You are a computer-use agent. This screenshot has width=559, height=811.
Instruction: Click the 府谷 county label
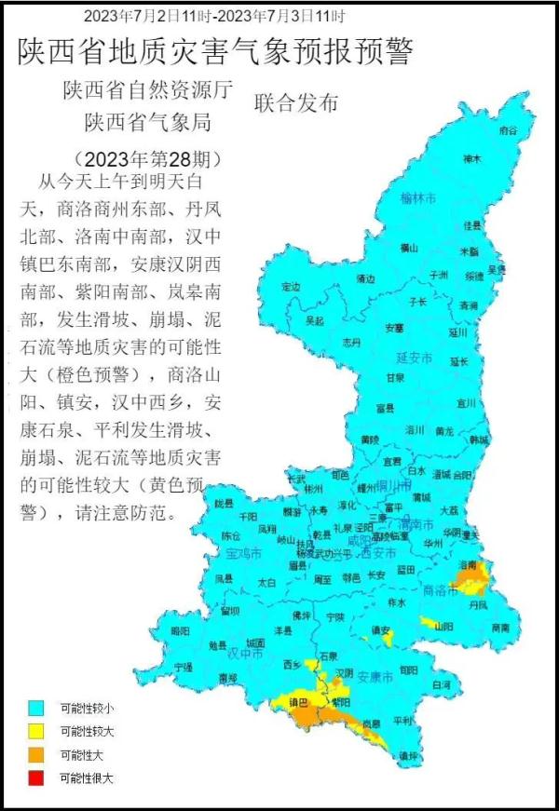pyautogui.click(x=508, y=131)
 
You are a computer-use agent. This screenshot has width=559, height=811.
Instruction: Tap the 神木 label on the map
pyautogui.click(x=472, y=159)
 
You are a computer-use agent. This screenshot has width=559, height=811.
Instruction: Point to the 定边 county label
pyautogui.click(x=292, y=286)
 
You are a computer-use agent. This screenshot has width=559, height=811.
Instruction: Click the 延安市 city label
pyautogui.click(x=416, y=358)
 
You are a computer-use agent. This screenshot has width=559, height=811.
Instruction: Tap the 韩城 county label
pyautogui.click(x=479, y=439)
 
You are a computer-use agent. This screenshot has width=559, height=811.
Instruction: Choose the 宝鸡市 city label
pyautogui.click(x=244, y=553)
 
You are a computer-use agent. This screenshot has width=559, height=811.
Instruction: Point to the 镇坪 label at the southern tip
pyautogui.click(x=407, y=755)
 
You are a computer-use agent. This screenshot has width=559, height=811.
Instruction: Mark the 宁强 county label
pyautogui.click(x=184, y=667)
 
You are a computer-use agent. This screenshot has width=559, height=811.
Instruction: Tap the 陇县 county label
pyautogui.click(x=223, y=503)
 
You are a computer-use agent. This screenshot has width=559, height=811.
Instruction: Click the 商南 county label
pyautogui.click(x=500, y=628)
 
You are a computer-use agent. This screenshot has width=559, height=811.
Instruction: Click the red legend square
pyautogui.click(x=36, y=777)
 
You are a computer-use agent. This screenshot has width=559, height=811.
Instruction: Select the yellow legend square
pyautogui.click(x=36, y=730)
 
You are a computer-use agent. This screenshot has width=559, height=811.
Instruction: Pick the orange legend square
pyautogui.click(x=36, y=753)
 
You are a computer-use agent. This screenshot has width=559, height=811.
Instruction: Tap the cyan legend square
pyautogui.click(x=36, y=708)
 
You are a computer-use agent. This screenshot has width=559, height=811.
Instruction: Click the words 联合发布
pyautogui.click(x=296, y=103)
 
